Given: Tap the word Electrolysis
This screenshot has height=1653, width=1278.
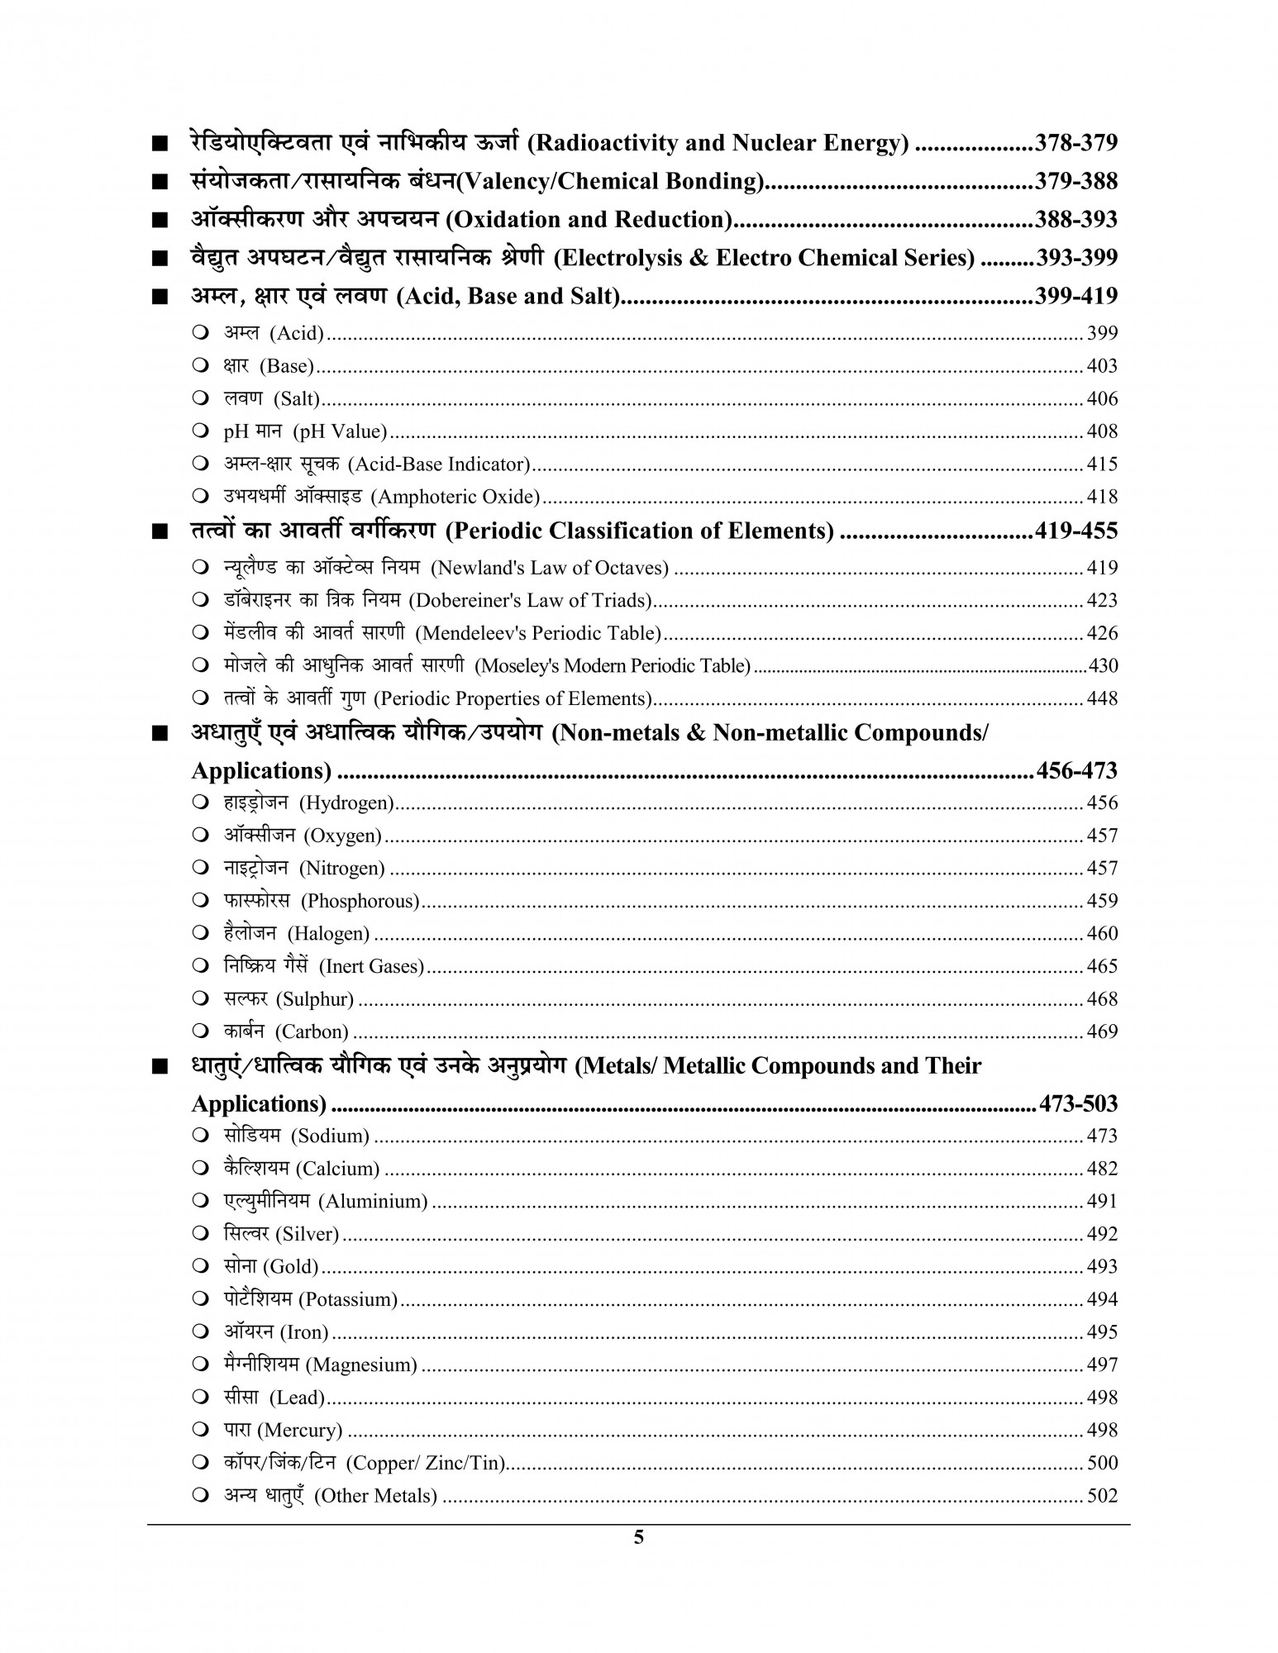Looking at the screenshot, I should coord(618,258).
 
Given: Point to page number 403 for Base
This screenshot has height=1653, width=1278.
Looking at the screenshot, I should coord(1102,366).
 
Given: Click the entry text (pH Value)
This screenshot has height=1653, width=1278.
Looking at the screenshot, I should coord(340,431).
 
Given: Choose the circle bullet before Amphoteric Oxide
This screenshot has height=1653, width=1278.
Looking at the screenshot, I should coord(199,497).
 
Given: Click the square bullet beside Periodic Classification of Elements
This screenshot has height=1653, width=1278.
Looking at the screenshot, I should coord(158,531).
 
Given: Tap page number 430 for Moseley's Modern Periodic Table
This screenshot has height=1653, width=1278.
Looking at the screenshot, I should coord(1103,666).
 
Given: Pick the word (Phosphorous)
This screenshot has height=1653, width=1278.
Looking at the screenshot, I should coord(360,901).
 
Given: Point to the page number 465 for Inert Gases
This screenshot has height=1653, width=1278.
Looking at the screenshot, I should coord(1102,966).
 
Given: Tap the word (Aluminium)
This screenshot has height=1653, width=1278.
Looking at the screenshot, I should coord(372,1202).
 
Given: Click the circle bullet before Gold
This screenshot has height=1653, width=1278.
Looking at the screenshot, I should coord(199,1266).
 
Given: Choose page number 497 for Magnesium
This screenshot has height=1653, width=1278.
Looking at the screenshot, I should coord(1102,1365).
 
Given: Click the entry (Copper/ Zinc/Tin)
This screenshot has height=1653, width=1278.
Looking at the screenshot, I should coord(425,1463).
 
